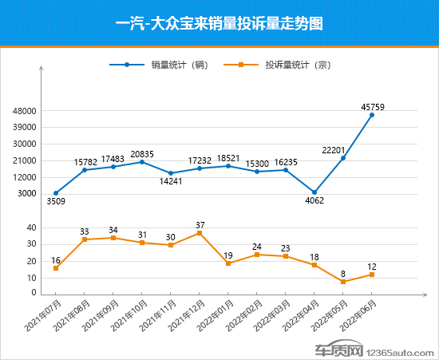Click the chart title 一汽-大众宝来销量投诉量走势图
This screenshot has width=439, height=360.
pos(219,23)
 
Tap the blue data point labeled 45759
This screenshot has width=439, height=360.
pos(372,115)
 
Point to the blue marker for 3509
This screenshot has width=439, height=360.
pos(56,193)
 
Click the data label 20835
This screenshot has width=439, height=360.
pos(142,153)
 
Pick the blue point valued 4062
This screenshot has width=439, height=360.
pos(314,192)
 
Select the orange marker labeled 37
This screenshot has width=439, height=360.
pos(200,233)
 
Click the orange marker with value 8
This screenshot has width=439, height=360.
pos(343,282)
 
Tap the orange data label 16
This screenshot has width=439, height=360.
pos(56,260)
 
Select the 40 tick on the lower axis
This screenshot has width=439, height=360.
pos(32,227)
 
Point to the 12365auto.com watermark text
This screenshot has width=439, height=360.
pos(399,350)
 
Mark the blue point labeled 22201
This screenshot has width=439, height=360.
pos(343,158)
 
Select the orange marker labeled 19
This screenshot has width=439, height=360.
pos(228,263)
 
